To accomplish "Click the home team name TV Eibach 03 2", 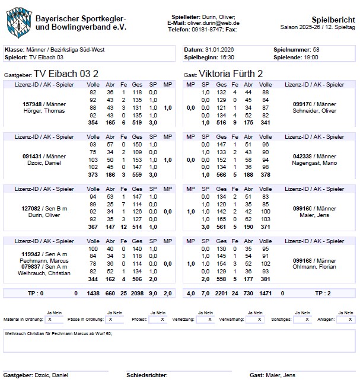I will pyautogui.click(x=66, y=73).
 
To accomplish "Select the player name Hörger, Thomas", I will pyautogui.click(x=44, y=111).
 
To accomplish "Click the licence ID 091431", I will pyautogui.click(x=33, y=155).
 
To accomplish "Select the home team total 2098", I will pyautogui.click(x=137, y=293).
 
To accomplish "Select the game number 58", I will pyautogui.click(x=316, y=50).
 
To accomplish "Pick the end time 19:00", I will pyautogui.click(x=310, y=57).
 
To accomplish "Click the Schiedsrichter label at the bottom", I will pyautogui.click(x=146, y=375).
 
